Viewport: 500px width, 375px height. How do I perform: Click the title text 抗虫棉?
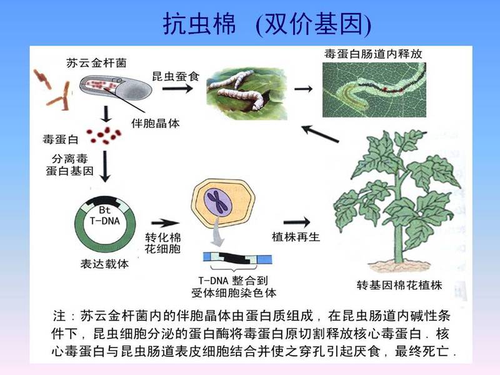click(x=199, y=24)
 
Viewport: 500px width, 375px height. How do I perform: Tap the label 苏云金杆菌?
click(x=97, y=63)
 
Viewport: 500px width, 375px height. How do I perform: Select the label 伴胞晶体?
click(x=156, y=123)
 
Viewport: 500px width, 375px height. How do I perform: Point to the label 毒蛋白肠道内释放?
click(x=373, y=54)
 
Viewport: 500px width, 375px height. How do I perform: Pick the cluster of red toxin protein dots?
click(x=104, y=135)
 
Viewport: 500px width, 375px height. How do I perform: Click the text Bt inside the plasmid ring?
click(x=104, y=210)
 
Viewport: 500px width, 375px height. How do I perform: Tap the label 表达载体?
click(x=104, y=264)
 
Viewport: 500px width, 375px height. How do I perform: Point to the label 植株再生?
click(x=296, y=237)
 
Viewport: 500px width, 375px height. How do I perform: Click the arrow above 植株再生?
click(x=296, y=222)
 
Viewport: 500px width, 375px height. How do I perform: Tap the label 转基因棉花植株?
click(x=399, y=285)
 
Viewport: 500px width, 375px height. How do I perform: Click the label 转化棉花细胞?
click(x=163, y=243)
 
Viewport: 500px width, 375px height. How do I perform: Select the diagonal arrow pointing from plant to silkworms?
click(x=320, y=134)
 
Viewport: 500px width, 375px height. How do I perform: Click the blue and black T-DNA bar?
click(x=237, y=257)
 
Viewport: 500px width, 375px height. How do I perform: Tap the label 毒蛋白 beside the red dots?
click(x=61, y=139)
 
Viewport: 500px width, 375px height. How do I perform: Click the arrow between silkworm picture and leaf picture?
click(x=303, y=89)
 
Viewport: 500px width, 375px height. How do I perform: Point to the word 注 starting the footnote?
click(x=59, y=316)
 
